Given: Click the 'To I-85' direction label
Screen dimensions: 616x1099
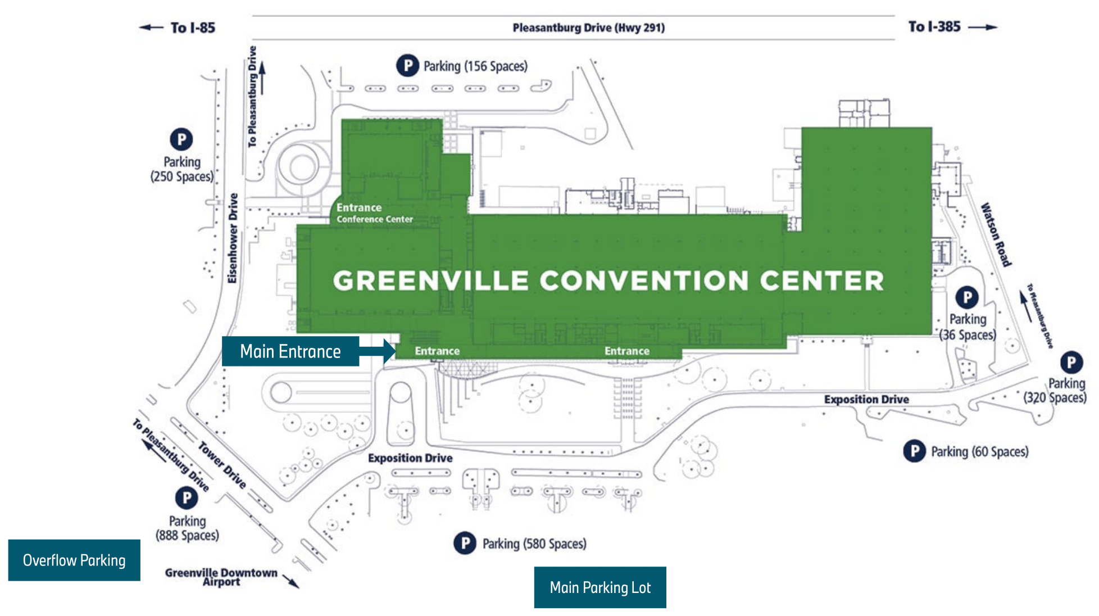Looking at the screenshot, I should pos(192,28).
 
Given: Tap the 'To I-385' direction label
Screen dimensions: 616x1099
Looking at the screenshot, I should pos(934,26).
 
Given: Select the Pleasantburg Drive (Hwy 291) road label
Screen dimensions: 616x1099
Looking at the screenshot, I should pos(588,28).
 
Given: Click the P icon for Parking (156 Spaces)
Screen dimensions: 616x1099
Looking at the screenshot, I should pos(407,66).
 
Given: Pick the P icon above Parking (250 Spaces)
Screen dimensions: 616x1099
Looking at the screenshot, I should pos(181,139).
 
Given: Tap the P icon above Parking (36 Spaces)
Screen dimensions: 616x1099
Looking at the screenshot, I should pos(967,297).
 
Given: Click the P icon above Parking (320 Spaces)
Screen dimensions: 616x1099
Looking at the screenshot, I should pos(1071,363).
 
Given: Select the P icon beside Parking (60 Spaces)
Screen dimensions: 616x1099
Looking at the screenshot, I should pos(914,451).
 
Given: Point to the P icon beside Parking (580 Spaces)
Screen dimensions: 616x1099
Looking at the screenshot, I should pos(465,543).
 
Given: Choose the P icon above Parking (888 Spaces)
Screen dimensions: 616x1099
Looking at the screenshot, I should pos(187,497).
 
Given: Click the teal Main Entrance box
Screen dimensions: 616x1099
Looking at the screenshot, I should pos(290,351).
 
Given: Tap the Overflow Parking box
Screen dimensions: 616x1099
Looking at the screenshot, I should pos(74,560).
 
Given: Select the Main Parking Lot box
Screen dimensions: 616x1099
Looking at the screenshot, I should pos(600,587).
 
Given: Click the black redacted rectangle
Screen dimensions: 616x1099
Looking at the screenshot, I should pos(592,164).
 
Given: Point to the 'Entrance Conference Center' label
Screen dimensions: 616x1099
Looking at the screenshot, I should pos(374,213).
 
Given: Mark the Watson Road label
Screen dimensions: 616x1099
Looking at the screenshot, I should pos(996,234).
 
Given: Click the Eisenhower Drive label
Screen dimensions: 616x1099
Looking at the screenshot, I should pos(233,238).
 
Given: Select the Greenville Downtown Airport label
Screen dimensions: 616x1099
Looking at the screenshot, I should pos(221,577).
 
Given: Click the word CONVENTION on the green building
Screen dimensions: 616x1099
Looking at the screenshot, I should pos(644,280).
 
